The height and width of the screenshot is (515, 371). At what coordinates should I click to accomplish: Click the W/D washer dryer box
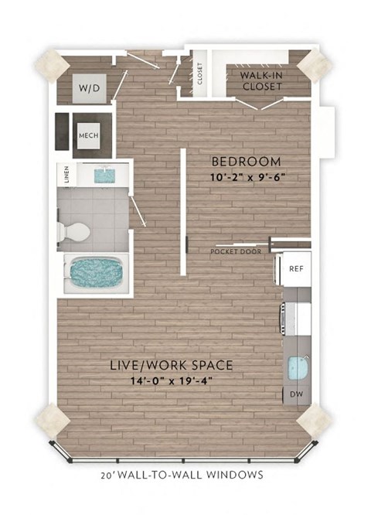click(x=86, y=89)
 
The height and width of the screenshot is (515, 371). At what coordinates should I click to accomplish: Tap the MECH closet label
click(x=87, y=137)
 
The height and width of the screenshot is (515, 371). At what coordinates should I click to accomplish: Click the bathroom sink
click(x=103, y=176)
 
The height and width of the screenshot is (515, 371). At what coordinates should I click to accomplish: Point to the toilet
click(x=76, y=230)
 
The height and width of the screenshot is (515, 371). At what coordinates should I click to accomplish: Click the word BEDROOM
click(x=245, y=162)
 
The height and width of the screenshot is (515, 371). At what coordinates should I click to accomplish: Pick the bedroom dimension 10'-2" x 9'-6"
click(x=245, y=176)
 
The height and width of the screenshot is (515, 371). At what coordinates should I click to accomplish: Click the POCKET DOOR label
click(x=236, y=251)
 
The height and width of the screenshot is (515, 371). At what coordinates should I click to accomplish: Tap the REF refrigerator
click(x=295, y=268)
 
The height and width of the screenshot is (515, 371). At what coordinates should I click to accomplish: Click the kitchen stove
click(x=297, y=316)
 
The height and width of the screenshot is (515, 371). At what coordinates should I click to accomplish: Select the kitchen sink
click(x=298, y=368)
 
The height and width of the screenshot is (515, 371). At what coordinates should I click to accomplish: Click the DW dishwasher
click(x=296, y=395)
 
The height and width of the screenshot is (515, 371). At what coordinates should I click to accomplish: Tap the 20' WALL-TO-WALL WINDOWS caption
click(x=182, y=475)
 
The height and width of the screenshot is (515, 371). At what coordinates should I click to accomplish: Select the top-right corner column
click(x=317, y=65)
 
